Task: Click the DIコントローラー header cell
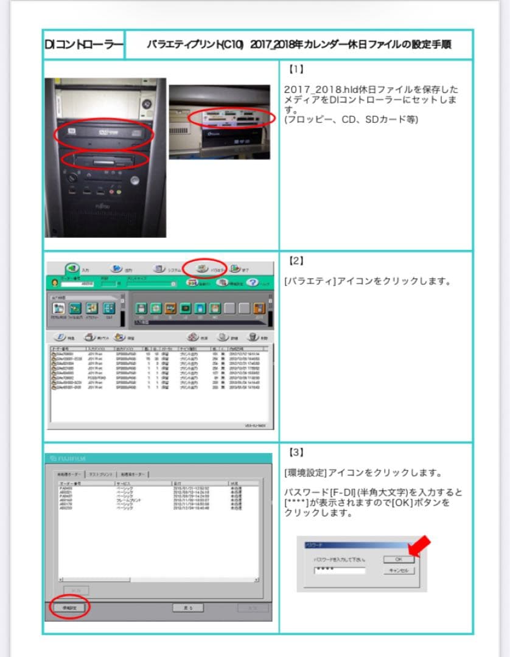(84, 45)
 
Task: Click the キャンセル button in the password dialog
(399, 571)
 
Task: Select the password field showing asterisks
(339, 571)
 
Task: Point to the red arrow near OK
(419, 546)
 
